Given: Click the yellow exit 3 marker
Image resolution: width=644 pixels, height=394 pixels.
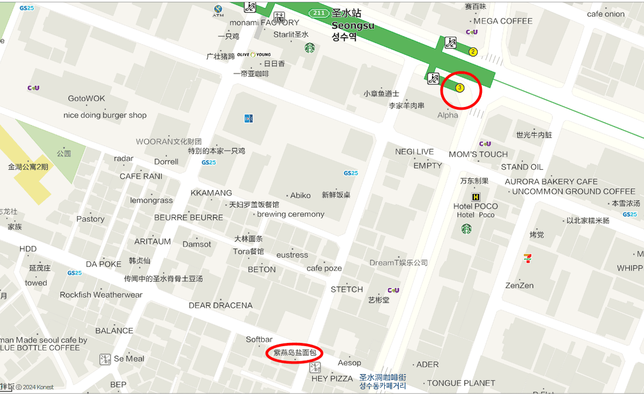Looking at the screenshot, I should click(x=459, y=88).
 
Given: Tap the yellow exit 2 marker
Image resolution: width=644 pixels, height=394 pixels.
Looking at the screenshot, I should click(x=473, y=52).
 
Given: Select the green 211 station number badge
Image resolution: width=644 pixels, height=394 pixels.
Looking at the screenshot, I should click(x=319, y=13).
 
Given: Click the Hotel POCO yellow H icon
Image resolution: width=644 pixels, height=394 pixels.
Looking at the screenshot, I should click(x=475, y=197).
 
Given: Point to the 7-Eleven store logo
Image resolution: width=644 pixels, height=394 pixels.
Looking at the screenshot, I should click(x=528, y=258).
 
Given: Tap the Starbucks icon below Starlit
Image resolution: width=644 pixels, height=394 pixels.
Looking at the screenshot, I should click(x=310, y=48).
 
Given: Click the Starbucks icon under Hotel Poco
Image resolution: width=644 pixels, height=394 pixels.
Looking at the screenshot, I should click(x=466, y=229).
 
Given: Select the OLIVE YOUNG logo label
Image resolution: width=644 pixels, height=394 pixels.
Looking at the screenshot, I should click(x=254, y=55).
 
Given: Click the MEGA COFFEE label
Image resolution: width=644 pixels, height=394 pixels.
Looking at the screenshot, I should click(x=503, y=21).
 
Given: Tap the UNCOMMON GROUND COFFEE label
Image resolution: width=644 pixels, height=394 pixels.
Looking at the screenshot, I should click(x=574, y=191).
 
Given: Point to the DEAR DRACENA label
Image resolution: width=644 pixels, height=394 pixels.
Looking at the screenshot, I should click(x=221, y=305).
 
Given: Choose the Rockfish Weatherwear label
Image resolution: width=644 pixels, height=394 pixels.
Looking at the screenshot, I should click(x=101, y=295).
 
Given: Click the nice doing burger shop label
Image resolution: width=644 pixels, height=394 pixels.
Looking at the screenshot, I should click(x=105, y=115).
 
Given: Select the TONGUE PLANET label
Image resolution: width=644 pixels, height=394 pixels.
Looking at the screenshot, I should click(x=461, y=383).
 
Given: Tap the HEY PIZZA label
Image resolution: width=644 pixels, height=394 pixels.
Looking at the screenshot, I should click(x=332, y=378).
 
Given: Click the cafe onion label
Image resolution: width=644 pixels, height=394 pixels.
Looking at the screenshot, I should click(x=606, y=14).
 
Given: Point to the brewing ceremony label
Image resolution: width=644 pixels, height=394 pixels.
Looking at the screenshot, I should click(x=290, y=214).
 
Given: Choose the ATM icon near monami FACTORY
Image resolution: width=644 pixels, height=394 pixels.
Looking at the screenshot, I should click(x=218, y=10).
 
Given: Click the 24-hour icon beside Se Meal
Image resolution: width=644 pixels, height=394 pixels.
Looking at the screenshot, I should click(x=105, y=359).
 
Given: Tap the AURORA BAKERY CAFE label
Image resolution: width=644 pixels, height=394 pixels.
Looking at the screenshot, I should click(x=551, y=182).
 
